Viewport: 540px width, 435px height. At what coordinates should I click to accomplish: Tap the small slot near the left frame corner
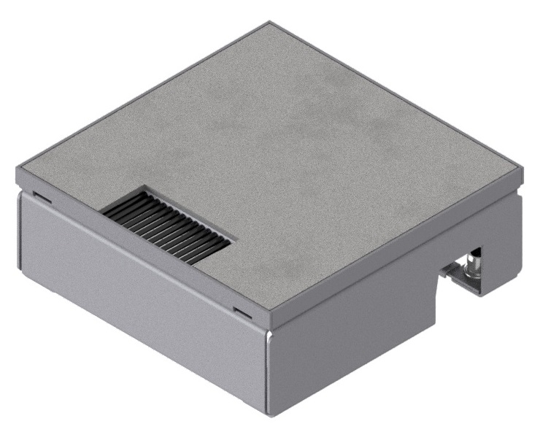click(x=41, y=196)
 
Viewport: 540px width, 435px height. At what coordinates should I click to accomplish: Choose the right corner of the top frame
click(x=522, y=173)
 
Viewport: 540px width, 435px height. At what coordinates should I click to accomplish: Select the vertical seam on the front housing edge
click(x=268, y=372)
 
